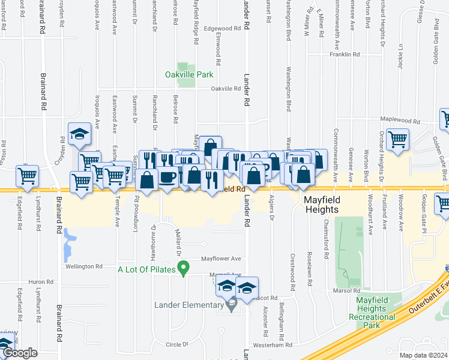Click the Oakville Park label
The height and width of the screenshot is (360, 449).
click(x=189, y=75)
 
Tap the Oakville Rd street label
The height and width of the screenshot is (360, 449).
click(x=225, y=88)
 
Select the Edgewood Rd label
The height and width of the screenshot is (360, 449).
click(x=225, y=28)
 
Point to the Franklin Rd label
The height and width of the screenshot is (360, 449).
click(x=345, y=54)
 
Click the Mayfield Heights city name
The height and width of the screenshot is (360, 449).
click(x=321, y=204)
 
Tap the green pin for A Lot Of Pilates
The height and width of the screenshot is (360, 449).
click(x=185, y=268)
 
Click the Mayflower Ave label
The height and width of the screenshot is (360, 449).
click(x=221, y=259)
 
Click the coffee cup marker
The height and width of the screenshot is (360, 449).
click(x=167, y=178)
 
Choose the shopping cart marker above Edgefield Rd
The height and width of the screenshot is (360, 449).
click(x=28, y=176)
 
